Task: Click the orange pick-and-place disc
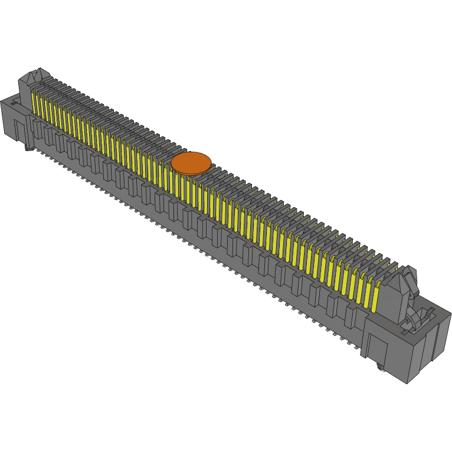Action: point(191,163)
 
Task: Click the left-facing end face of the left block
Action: point(6,121)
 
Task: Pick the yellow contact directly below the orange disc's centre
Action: point(191,189)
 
